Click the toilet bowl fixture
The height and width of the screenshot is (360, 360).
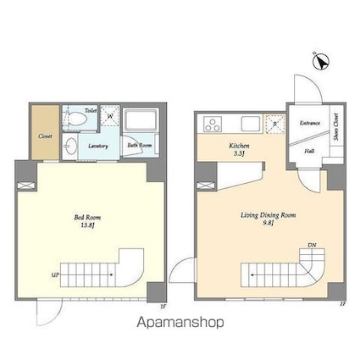click(77, 119)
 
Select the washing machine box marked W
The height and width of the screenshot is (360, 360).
click(108, 116)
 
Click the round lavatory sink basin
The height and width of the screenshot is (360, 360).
click(73, 147)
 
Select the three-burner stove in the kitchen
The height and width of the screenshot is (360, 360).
click(211, 125)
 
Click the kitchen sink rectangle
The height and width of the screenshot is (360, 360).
click(247, 122)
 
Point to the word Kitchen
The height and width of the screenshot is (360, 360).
click(240, 146)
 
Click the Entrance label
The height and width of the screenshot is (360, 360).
click(310, 124)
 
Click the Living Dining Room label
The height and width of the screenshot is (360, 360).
click(269, 215)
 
